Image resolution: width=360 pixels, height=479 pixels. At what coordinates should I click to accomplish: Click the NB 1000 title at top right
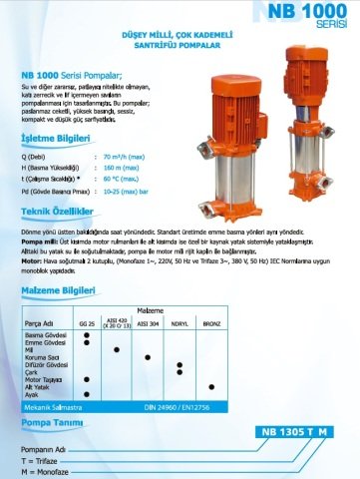(298, 14)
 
